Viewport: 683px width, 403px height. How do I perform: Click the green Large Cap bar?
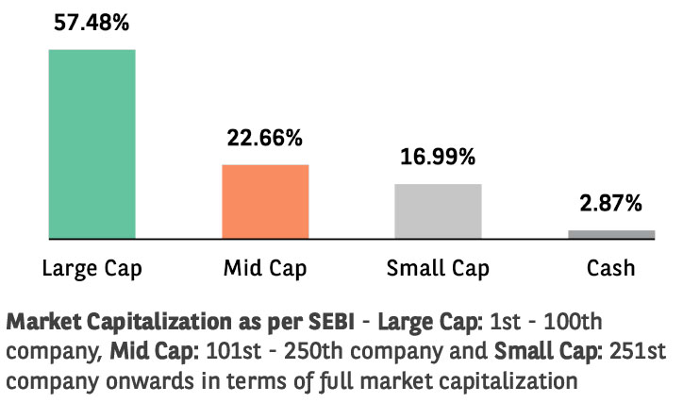(92, 144)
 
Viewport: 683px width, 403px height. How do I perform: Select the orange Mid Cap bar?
(265, 202)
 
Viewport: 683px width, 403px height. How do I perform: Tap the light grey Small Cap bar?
(439, 211)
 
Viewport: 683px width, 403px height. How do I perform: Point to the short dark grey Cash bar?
(611, 234)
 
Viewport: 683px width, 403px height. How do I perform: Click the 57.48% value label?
(92, 23)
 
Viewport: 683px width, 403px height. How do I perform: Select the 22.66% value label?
(265, 138)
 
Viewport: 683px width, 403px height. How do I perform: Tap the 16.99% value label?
(438, 157)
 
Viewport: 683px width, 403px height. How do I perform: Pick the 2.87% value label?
(610, 203)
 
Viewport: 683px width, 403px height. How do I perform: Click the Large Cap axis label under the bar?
(92, 268)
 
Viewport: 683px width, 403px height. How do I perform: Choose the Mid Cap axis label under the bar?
(265, 268)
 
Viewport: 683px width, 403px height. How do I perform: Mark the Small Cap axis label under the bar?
(438, 268)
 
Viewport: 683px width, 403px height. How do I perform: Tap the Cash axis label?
(610, 268)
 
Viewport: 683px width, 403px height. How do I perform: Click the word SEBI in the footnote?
(331, 322)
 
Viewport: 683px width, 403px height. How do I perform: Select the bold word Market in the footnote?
(43, 322)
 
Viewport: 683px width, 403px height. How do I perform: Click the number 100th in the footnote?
(574, 322)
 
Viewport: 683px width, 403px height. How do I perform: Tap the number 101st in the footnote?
(233, 351)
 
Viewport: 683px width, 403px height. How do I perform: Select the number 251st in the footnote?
(638, 351)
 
